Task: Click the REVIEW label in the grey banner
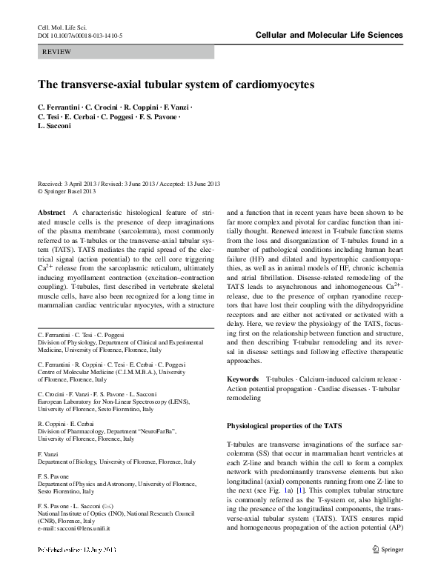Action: (x=57, y=53)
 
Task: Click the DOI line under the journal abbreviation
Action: (x=80, y=36)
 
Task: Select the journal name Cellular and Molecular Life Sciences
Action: (x=329, y=35)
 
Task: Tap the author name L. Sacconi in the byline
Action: (x=55, y=127)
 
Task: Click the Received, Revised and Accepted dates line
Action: (x=129, y=183)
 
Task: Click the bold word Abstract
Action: (x=51, y=212)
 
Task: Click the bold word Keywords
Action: (x=243, y=379)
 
